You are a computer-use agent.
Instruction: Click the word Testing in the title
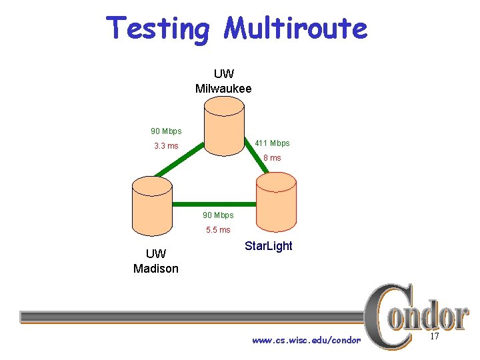pyautogui.click(x=158, y=29)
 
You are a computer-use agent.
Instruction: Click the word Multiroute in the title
pyautogui.click(x=295, y=29)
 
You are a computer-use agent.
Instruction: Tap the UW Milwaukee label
pyautogui.click(x=223, y=81)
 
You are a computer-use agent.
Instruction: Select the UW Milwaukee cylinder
pyautogui.click(x=223, y=127)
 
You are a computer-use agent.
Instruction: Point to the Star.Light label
pyautogui.click(x=268, y=246)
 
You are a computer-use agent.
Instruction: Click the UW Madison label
pyautogui.click(x=155, y=261)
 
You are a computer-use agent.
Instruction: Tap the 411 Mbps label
pyautogui.click(x=272, y=143)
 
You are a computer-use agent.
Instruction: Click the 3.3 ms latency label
pyautogui.click(x=166, y=146)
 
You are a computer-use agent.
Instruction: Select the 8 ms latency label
pyautogui.click(x=272, y=158)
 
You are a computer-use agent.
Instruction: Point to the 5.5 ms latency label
pyautogui.click(x=218, y=230)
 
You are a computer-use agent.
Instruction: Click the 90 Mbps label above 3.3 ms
pyautogui.click(x=165, y=131)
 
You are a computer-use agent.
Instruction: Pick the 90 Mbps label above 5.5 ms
pyautogui.click(x=218, y=215)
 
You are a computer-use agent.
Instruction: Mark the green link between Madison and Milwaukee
pyautogui.click(x=179, y=161)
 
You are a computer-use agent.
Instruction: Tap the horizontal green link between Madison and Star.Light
pyautogui.click(x=213, y=203)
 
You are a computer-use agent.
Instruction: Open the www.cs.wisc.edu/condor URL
pyautogui.click(x=306, y=341)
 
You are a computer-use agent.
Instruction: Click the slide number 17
pyautogui.click(x=434, y=337)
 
